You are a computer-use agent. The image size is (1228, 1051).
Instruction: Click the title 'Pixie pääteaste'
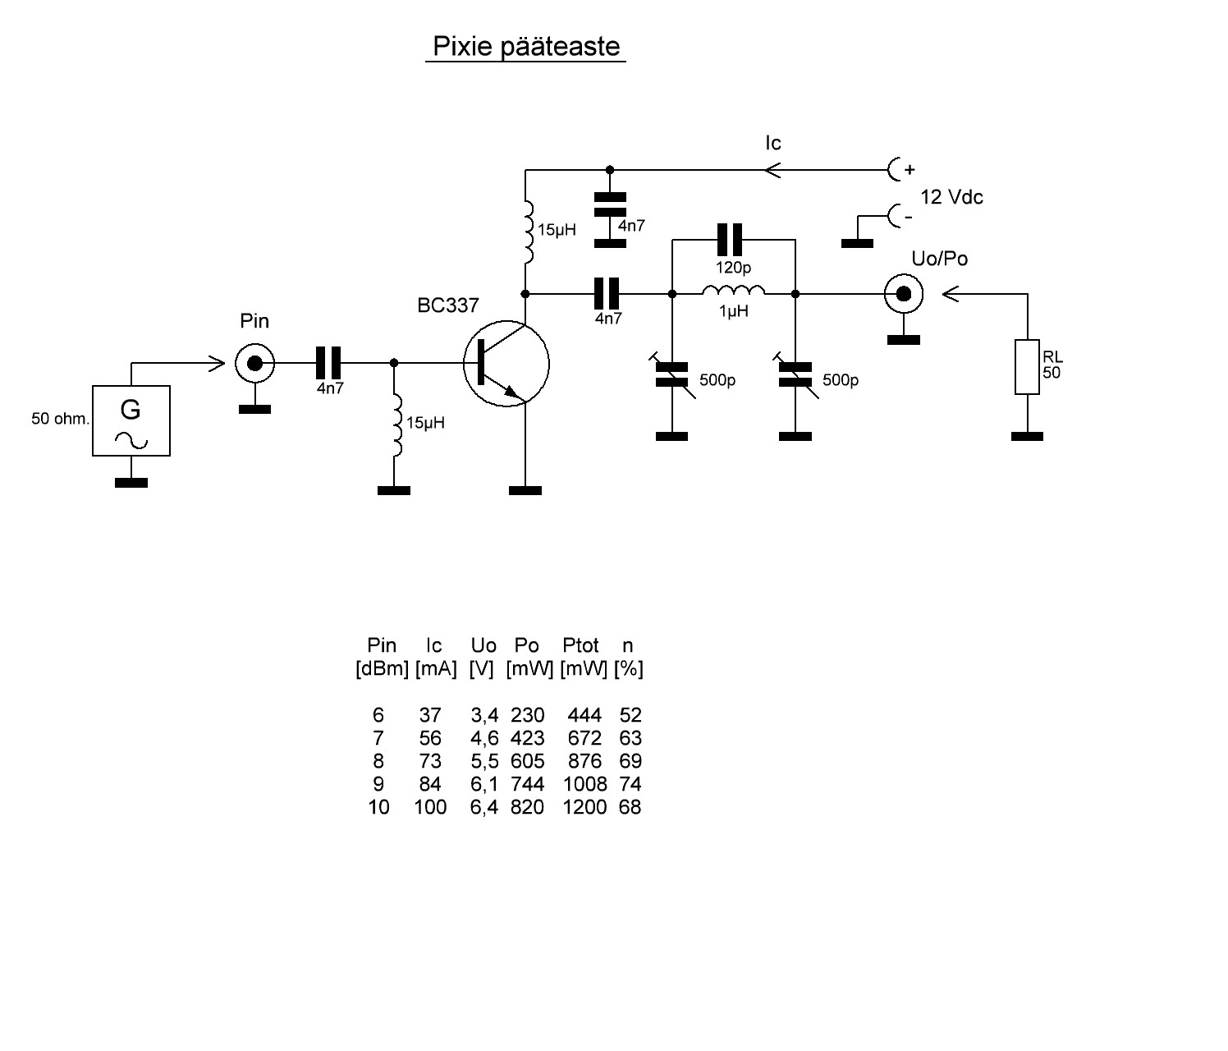[x=526, y=47]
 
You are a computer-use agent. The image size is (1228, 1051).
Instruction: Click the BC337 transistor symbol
[x=506, y=364]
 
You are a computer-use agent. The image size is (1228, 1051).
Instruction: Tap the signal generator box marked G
[x=131, y=420]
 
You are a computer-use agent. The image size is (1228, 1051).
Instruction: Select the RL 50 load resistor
[x=1027, y=367]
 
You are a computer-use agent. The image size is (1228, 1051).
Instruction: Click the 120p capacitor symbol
[x=730, y=240]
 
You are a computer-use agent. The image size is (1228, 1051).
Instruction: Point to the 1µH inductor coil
[x=734, y=291]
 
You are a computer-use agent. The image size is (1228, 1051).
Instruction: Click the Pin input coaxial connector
[x=254, y=363]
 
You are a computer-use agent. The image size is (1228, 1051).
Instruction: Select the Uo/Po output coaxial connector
[x=904, y=293]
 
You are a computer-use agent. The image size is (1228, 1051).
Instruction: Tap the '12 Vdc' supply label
[x=951, y=197]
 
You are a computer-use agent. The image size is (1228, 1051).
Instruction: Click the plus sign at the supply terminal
[x=910, y=170]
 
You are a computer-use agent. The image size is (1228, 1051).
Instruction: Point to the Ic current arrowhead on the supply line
[x=772, y=170]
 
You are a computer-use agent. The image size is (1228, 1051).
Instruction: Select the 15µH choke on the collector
[x=528, y=232]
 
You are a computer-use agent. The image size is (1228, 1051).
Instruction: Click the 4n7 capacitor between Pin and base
[x=328, y=363]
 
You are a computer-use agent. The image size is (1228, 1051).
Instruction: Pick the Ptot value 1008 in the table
[x=584, y=783]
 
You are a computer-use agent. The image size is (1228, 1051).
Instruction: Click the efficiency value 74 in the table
[x=630, y=783]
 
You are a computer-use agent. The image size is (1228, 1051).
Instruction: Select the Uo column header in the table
[x=483, y=645]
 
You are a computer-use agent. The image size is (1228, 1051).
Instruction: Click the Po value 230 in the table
[x=527, y=714]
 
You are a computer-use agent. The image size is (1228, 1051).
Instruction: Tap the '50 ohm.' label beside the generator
[x=60, y=419]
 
